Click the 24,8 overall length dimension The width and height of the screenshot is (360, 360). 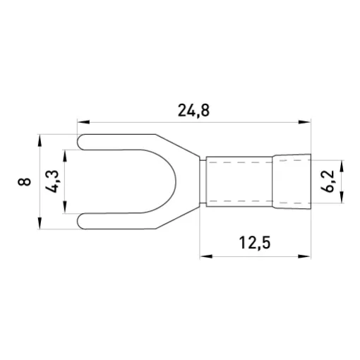click(193, 110)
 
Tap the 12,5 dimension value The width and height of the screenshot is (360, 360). click(255, 243)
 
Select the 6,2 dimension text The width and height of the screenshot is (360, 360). click(328, 181)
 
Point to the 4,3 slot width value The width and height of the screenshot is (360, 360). click(52, 181)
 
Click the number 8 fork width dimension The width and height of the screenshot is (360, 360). click(24, 181)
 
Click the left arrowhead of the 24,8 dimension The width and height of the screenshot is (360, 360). click(83, 122)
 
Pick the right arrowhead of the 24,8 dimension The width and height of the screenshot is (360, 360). click(304, 122)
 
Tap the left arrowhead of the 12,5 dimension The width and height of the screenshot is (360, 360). click(206, 256)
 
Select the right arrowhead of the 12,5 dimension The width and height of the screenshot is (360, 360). click(304, 256)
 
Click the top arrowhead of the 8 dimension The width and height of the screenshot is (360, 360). click(40, 140)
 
